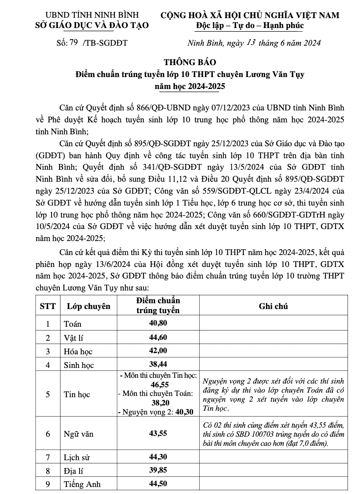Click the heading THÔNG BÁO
(190, 63)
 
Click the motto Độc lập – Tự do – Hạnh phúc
(250, 26)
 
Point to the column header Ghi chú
(273, 306)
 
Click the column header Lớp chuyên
(89, 306)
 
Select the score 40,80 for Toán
(158, 323)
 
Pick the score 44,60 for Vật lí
(158, 337)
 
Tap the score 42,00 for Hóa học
(158, 351)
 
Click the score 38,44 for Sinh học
(158, 364)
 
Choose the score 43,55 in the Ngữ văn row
(158, 433)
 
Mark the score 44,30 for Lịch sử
(158, 457)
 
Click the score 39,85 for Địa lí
(158, 470)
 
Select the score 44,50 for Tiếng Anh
(158, 484)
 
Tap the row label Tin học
(77, 394)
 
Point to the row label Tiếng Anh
(82, 484)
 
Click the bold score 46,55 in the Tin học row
(158, 384)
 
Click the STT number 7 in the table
(48, 457)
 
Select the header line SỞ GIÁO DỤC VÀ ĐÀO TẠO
(92, 26)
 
